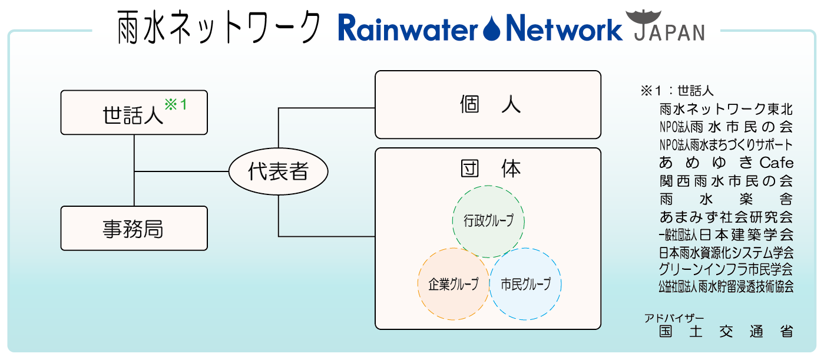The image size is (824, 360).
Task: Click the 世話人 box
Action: click(134, 113)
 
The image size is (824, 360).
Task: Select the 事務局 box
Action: click(134, 229)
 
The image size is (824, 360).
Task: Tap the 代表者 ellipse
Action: click(278, 172)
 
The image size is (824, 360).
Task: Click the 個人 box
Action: click(488, 105)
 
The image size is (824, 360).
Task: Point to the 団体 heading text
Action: click(490, 169)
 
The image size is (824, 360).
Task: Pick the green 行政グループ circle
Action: click(488, 221)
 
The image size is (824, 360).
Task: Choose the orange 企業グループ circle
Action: click(452, 284)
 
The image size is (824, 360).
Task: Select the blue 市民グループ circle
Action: click(525, 284)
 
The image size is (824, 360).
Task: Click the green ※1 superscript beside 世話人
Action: click(175, 104)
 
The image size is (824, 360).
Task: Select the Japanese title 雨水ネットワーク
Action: click(219, 28)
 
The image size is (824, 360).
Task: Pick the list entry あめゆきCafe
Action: click(726, 163)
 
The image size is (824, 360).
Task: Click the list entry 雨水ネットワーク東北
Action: click(726, 110)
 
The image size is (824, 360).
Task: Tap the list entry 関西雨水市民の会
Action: click(726, 180)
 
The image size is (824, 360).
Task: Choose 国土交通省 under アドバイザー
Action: click(726, 331)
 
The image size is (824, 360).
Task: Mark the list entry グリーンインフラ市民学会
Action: click(726, 269)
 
